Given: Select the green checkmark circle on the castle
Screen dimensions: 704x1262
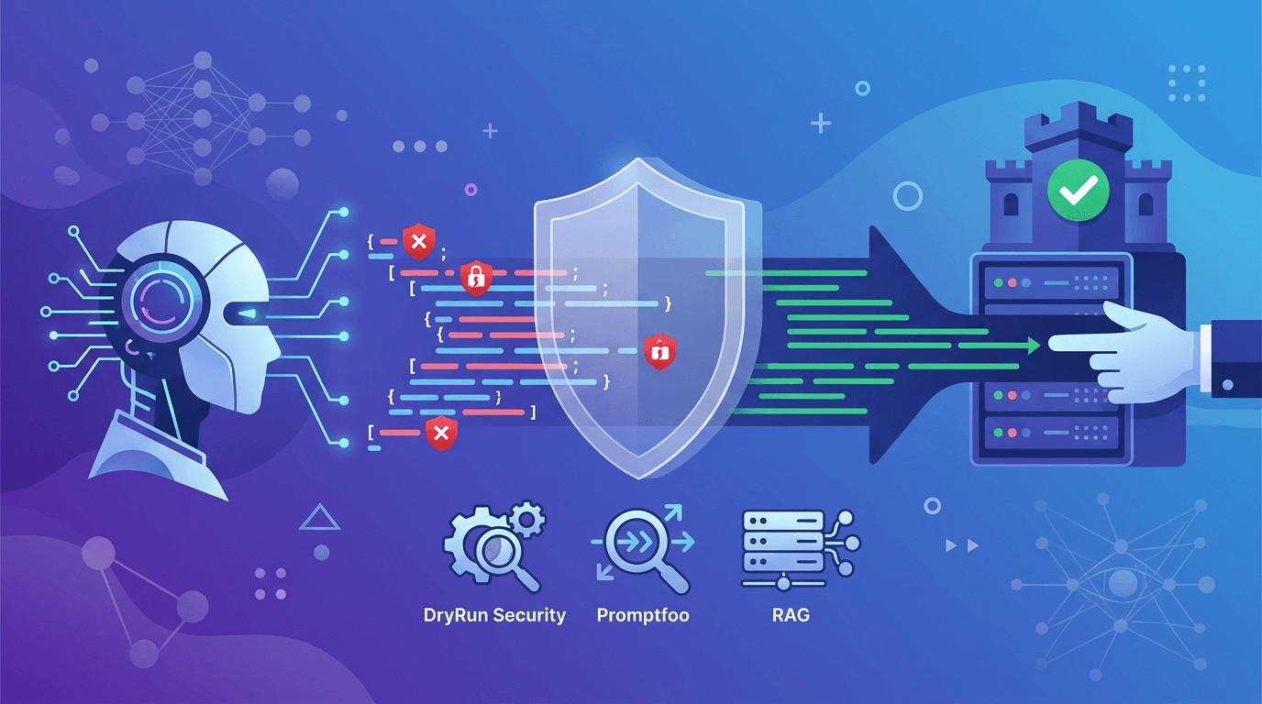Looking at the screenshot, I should (x=1078, y=192).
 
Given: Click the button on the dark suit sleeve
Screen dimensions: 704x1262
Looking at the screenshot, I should (x=1228, y=384).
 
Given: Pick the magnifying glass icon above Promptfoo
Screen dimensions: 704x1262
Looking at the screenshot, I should (x=643, y=549).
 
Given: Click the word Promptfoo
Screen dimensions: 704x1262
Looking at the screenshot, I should (x=642, y=615).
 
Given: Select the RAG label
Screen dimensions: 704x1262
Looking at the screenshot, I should (x=791, y=615).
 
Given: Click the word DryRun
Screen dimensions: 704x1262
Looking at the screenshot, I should (x=456, y=615).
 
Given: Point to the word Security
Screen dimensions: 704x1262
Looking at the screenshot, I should (x=529, y=615).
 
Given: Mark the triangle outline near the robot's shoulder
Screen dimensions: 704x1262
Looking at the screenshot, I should (x=320, y=518).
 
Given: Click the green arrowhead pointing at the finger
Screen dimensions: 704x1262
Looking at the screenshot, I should (x=1034, y=346).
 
